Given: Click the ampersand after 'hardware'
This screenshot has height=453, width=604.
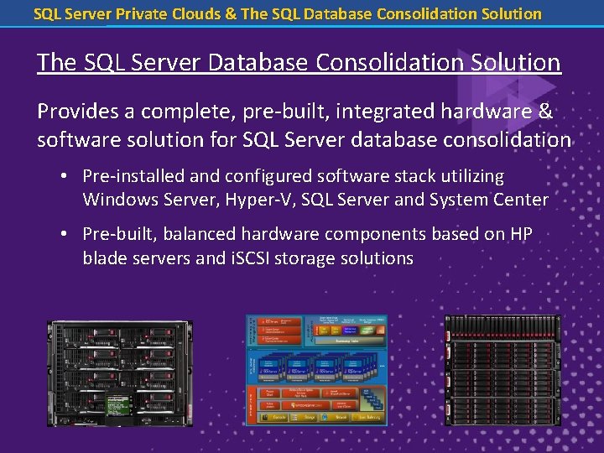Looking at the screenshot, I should point(545,112).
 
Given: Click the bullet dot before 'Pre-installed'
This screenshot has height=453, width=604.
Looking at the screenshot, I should point(65,176).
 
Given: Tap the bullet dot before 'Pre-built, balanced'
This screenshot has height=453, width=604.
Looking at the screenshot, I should point(65,235).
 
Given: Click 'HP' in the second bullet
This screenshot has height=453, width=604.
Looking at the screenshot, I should point(521,235).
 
